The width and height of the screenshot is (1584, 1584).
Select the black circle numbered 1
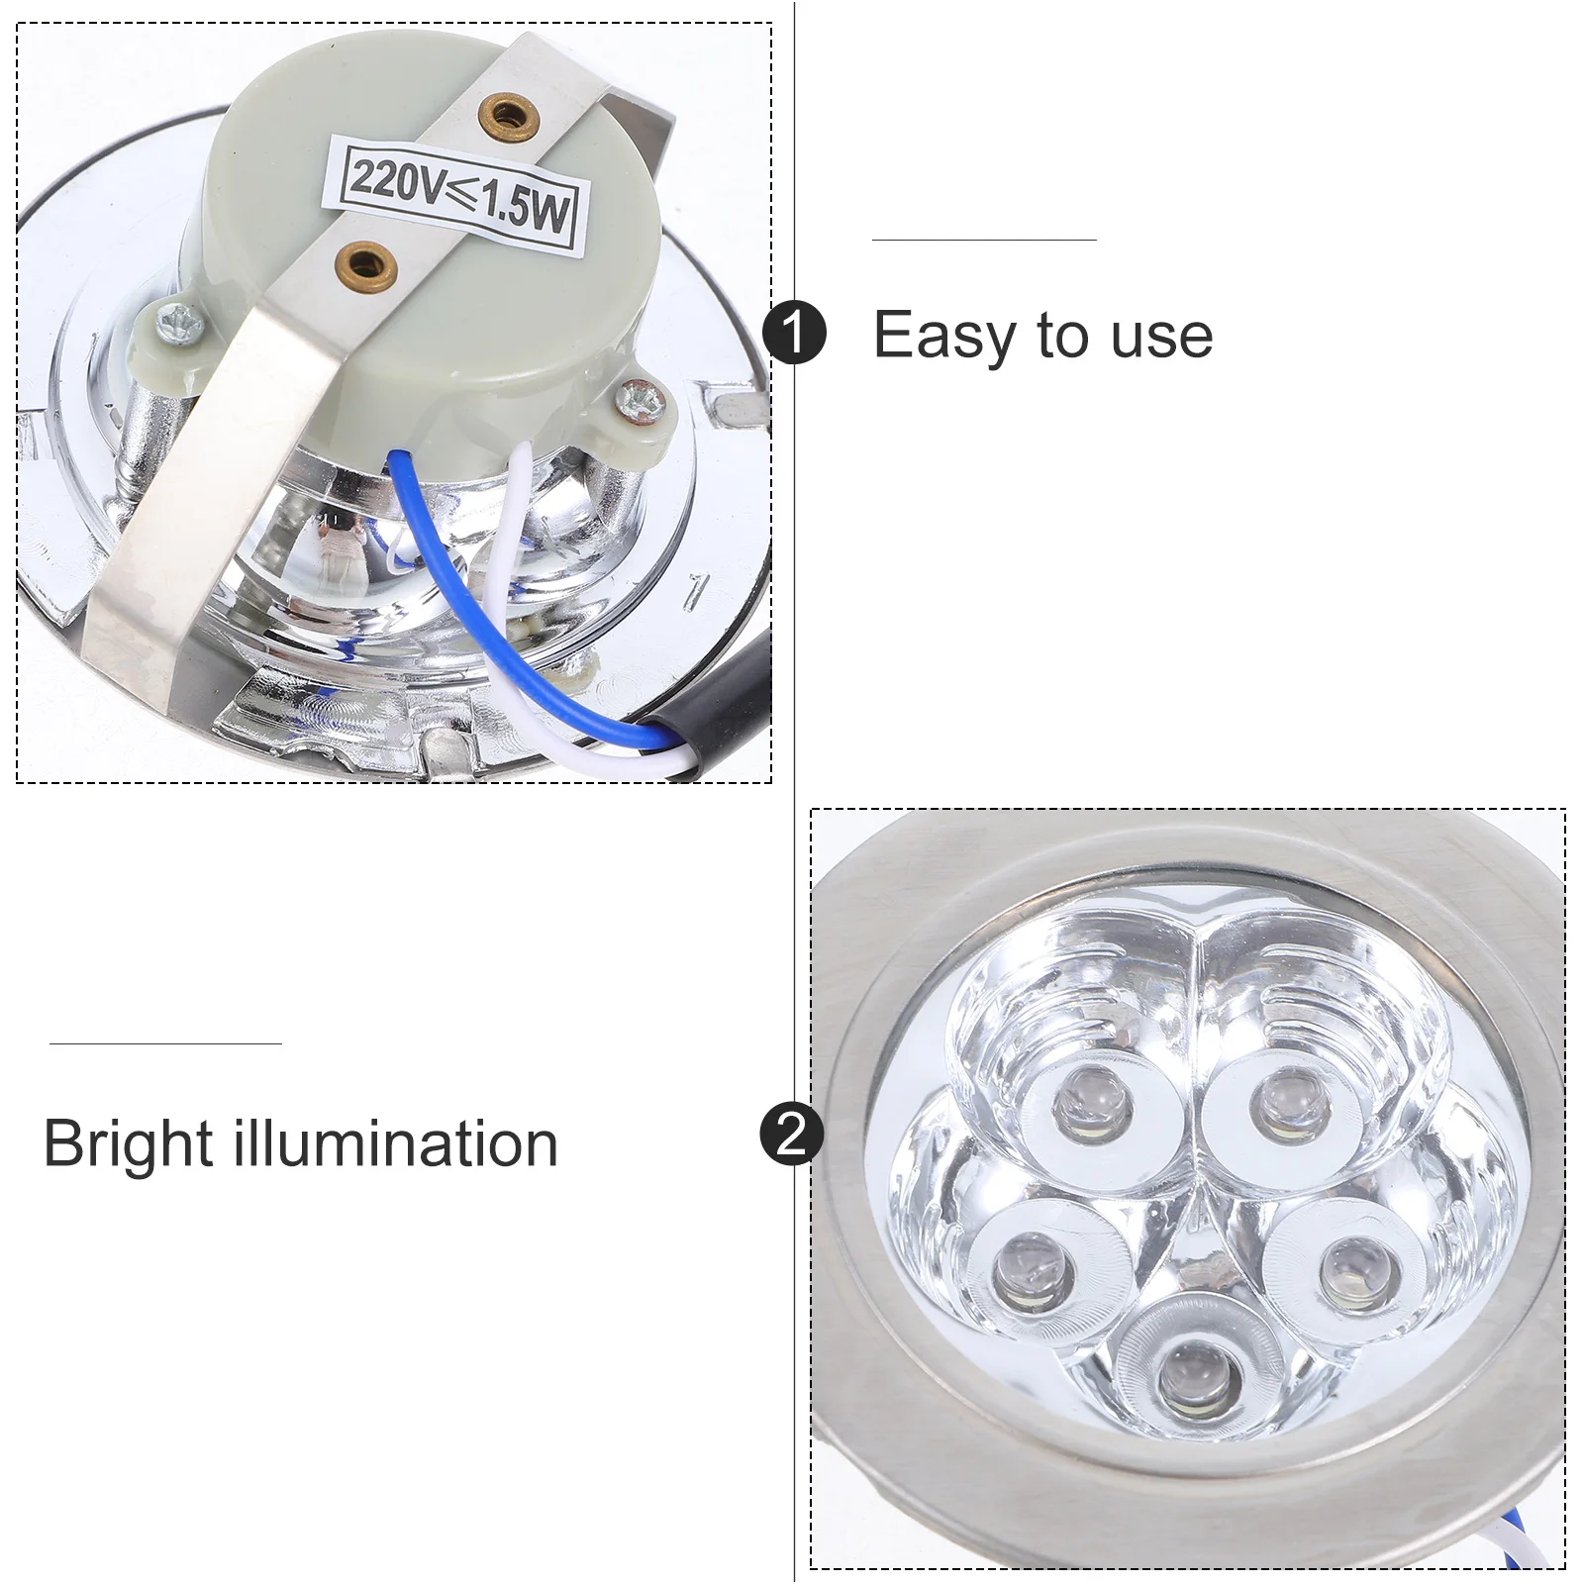click(794, 334)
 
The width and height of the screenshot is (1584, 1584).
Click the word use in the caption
click(1161, 336)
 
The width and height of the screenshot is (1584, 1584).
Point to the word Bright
click(128, 1144)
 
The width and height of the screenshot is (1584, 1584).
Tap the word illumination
click(396, 1144)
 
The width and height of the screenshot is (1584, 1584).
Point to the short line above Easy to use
click(984, 240)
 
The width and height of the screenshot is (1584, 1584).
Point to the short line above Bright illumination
click(165, 1043)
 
